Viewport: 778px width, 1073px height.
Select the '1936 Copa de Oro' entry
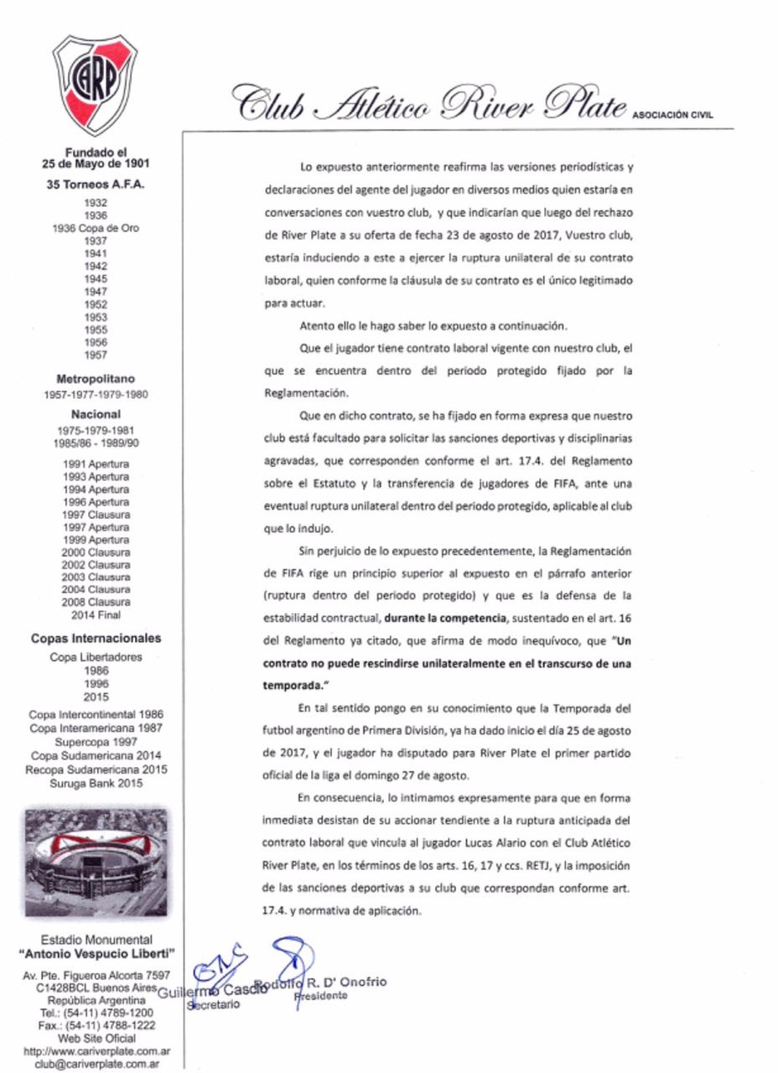(96, 227)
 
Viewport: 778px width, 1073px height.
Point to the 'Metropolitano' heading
(96, 378)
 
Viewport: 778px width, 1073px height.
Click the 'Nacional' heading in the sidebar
(96, 413)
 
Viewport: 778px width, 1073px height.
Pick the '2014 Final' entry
(96, 614)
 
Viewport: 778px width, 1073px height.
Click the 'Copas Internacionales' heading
(96, 638)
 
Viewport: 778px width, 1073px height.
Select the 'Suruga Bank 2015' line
(96, 783)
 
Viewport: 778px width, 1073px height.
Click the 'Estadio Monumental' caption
(96, 940)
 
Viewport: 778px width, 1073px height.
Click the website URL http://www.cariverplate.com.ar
(96, 1051)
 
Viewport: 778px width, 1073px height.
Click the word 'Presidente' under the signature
(320, 996)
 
